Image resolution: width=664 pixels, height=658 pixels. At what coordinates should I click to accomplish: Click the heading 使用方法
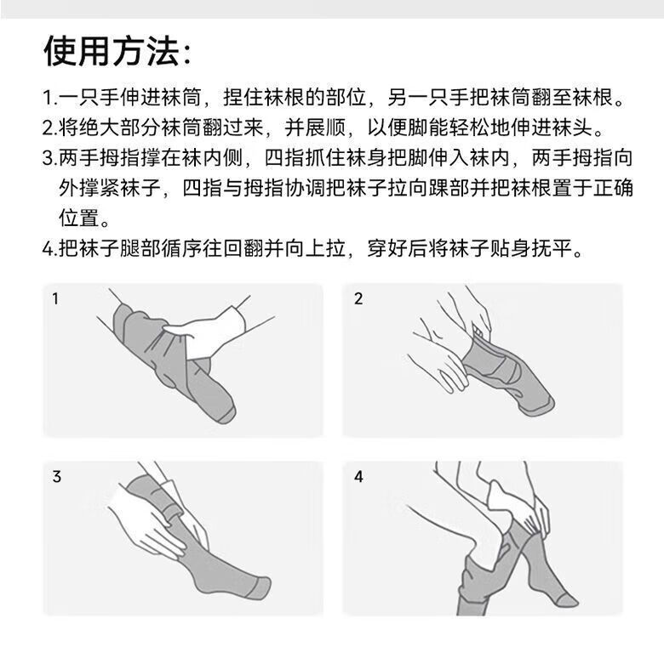tap(112, 51)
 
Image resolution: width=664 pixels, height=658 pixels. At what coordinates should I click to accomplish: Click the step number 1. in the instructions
tap(50, 98)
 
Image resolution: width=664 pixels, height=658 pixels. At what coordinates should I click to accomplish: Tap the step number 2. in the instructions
tap(50, 128)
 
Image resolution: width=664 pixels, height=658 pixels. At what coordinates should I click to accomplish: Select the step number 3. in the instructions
tap(50, 158)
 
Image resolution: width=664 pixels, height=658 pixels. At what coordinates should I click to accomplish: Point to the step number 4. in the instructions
tap(50, 248)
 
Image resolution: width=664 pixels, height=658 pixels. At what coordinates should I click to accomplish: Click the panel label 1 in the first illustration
tap(55, 299)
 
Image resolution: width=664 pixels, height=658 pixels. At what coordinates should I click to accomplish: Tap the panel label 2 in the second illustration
tap(358, 299)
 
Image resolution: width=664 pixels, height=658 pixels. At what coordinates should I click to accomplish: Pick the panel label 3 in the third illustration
tap(57, 477)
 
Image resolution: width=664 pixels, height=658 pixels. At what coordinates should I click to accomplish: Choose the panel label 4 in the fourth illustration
tap(358, 477)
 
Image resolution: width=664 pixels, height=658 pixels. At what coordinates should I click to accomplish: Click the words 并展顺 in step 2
tap(315, 128)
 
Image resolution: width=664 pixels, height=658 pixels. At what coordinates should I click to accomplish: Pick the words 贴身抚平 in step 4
tap(530, 248)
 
